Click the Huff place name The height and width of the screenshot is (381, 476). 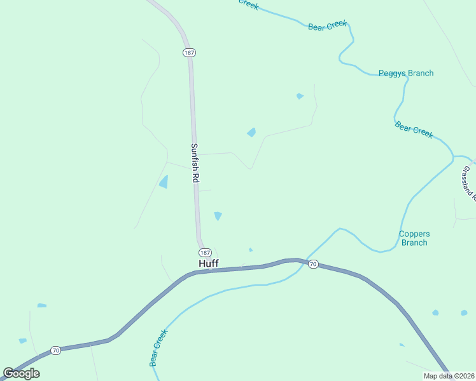(x=209, y=264)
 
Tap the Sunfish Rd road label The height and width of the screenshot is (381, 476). (x=195, y=163)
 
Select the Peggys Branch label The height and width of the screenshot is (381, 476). (x=406, y=73)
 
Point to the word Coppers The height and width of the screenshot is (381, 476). (x=414, y=234)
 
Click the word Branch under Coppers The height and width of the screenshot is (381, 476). (x=414, y=243)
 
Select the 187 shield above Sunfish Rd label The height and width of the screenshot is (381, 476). (x=188, y=52)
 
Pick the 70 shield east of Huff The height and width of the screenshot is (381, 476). (x=312, y=264)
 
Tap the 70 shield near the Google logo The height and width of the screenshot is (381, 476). (x=56, y=351)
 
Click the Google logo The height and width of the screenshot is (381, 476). (x=22, y=373)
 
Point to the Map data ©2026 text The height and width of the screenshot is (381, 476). (x=449, y=376)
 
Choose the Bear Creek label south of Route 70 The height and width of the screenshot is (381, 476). (x=158, y=347)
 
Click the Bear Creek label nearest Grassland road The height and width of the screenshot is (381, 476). (x=414, y=130)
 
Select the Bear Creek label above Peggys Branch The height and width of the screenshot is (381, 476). (x=328, y=26)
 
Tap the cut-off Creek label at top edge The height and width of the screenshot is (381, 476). (x=248, y=4)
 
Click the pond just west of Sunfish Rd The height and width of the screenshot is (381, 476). (x=164, y=182)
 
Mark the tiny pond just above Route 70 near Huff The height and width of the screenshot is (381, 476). (x=251, y=250)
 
